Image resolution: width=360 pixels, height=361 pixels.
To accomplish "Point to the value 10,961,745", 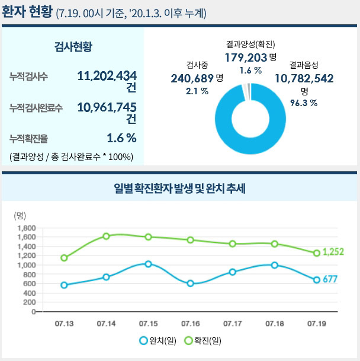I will tap(107, 107).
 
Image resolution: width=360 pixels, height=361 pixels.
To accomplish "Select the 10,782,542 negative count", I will tap(304, 78).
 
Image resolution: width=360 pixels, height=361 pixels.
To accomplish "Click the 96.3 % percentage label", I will tap(304, 103).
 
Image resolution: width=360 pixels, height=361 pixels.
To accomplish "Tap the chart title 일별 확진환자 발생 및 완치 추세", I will tap(179, 189).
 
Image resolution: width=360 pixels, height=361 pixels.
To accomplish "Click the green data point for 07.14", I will tap(107, 236).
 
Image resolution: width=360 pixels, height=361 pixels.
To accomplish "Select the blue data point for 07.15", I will tap(149, 264).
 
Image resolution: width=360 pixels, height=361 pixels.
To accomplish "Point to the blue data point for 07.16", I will tap(191, 283).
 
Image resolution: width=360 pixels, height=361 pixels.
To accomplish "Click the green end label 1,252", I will tap(333, 253).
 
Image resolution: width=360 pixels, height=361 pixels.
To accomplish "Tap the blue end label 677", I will tap(330, 279).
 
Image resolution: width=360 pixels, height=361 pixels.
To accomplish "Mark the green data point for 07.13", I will tap(64, 258).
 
